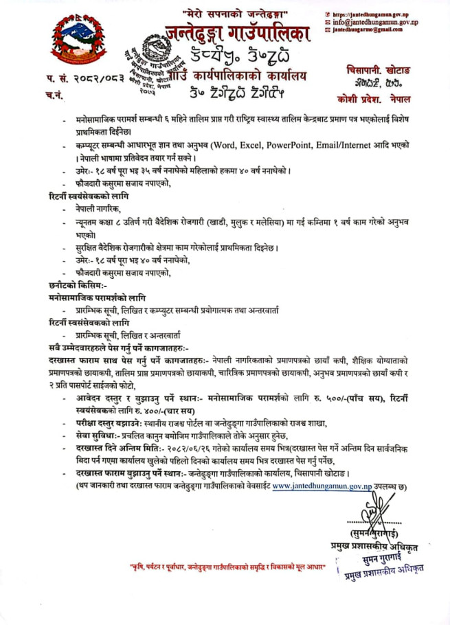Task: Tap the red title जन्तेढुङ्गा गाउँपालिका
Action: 237,32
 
